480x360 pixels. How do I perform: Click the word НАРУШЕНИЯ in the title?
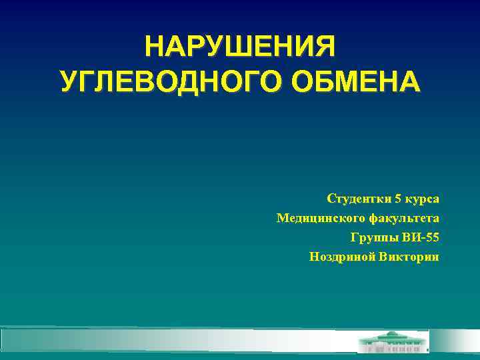pyautogui.click(x=240, y=47)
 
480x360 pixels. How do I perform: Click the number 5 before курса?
pyautogui.click(x=398, y=199)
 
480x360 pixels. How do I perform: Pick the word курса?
pyautogui.click(x=422, y=199)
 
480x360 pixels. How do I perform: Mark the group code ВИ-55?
pyautogui.click(x=421, y=238)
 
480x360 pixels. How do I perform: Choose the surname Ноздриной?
pyautogui.click(x=338, y=257)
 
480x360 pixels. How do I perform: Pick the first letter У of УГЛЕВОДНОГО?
pyautogui.click(x=68, y=82)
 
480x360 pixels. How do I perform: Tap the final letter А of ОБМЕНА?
pyautogui.click(x=410, y=82)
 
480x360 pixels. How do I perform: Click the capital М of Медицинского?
pyautogui.click(x=283, y=219)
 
